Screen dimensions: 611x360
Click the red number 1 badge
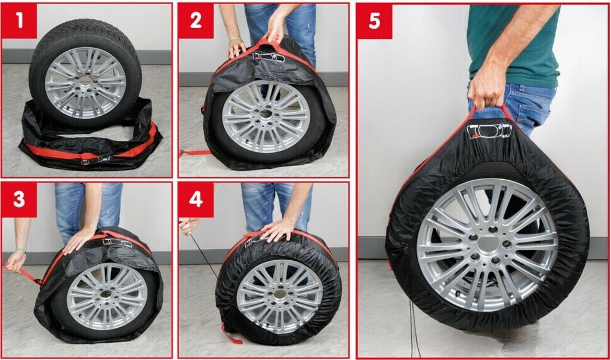(19, 21)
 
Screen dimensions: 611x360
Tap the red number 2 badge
(196, 21)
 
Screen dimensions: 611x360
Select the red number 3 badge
(19, 199)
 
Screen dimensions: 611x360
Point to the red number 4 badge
(196, 199)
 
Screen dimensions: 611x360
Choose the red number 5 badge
(374, 21)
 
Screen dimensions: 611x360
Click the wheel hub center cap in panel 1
(85, 81)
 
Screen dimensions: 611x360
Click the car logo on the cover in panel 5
(489, 131)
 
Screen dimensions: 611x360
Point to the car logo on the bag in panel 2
(269, 57)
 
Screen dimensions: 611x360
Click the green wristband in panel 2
(234, 38)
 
